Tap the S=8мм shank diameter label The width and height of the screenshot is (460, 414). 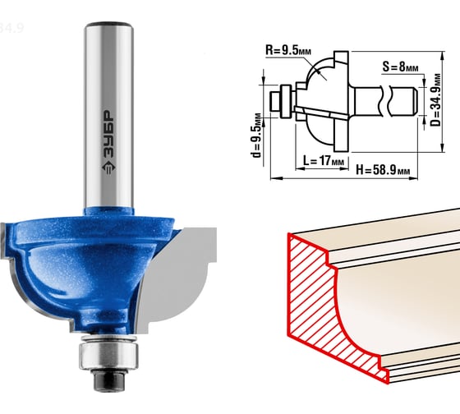click(400, 67)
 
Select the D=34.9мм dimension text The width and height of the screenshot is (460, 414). click(436, 99)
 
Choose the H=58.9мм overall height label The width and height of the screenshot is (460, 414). click(383, 169)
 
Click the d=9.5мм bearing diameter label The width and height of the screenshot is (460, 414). click(256, 135)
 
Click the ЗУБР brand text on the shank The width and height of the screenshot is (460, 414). click(108, 134)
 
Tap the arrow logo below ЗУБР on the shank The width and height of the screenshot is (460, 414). click(108, 168)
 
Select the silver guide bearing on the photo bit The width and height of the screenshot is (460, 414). click(108, 353)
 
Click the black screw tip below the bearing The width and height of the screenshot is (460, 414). click(108, 379)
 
